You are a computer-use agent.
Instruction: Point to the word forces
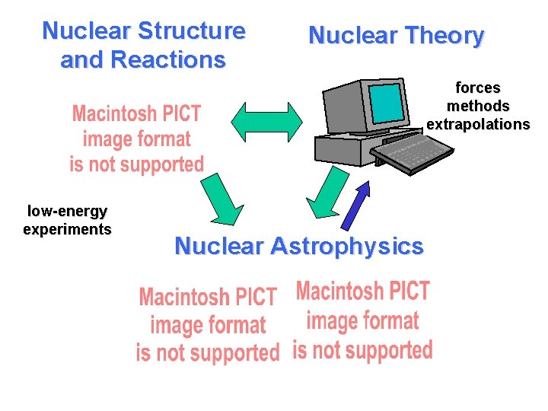[477, 88]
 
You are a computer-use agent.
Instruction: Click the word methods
[477, 106]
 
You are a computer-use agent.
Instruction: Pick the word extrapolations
[477, 124]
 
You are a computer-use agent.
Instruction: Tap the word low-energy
[67, 211]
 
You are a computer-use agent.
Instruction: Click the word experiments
[67, 229]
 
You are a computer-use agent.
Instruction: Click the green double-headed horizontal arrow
[266, 120]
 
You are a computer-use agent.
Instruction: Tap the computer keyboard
[415, 153]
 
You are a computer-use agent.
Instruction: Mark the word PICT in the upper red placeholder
[180, 115]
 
